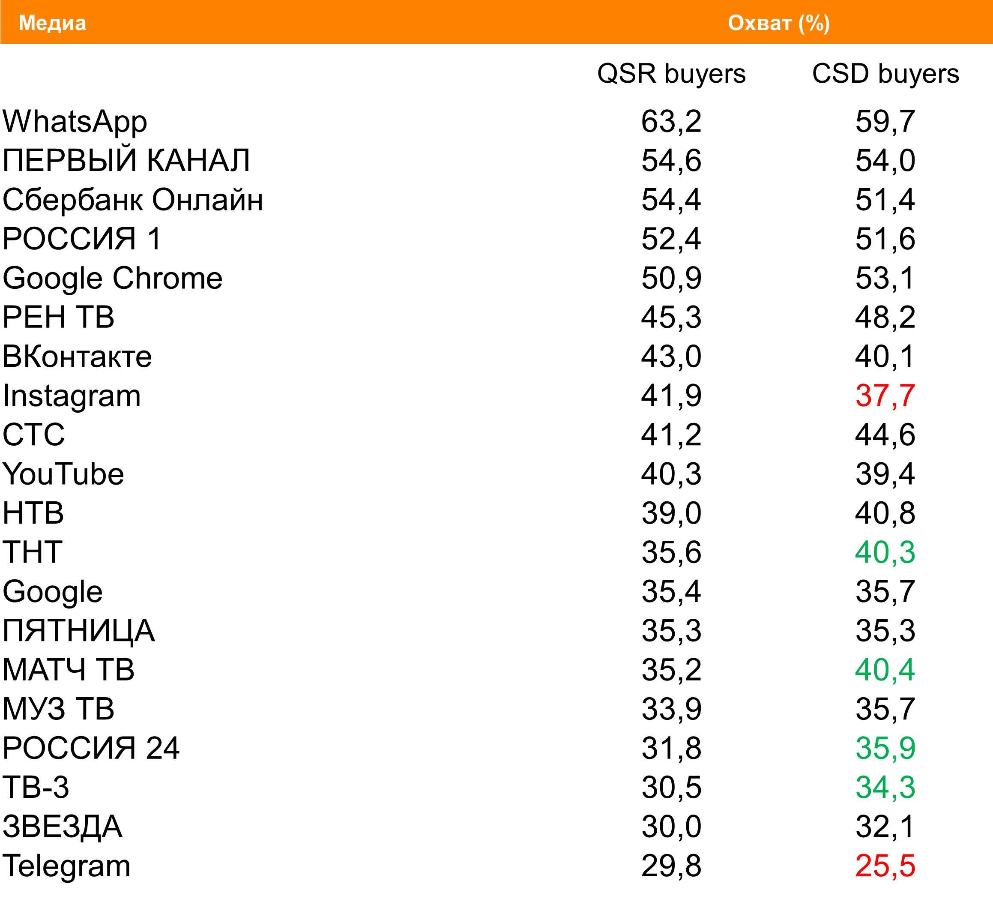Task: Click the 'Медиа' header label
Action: point(52,23)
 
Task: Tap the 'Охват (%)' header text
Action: point(779,23)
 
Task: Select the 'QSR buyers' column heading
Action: point(671,74)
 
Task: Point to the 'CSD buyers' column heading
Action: point(885,74)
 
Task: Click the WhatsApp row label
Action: point(75,122)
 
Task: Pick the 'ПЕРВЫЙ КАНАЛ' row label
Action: point(126,161)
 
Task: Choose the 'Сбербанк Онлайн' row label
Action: point(132,200)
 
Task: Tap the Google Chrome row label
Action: point(112,279)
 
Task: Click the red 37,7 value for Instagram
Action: point(885,396)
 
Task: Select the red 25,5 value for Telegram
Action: point(885,866)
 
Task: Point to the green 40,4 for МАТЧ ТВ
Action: point(885,670)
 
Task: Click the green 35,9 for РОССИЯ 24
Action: point(885,748)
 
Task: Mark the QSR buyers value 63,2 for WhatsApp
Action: point(671,122)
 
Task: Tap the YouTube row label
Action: point(63,474)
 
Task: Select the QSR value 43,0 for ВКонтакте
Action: point(671,357)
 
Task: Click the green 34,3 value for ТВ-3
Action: point(885,787)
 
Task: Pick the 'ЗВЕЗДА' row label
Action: point(62,827)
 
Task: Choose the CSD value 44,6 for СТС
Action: point(885,435)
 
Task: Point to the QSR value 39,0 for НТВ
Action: point(671,513)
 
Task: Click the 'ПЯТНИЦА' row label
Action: point(78,631)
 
